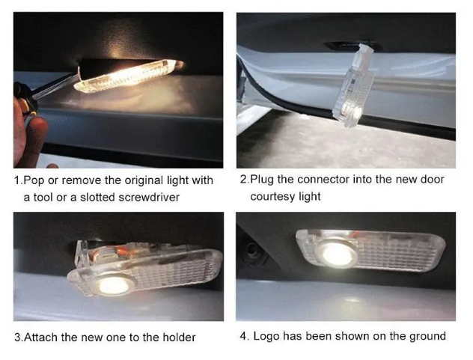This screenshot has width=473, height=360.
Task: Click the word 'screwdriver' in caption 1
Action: point(149,198)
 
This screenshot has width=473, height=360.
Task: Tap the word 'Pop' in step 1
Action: point(34,180)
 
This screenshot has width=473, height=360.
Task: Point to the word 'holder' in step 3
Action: point(179,337)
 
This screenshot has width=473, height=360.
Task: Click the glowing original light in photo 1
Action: point(128,76)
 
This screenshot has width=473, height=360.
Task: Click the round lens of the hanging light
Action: point(355,114)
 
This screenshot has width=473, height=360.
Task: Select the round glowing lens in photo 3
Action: point(113,285)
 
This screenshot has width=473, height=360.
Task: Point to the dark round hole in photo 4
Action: point(251,250)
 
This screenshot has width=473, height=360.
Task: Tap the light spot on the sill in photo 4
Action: point(352,301)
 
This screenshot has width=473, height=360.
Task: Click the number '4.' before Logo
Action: point(245,336)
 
